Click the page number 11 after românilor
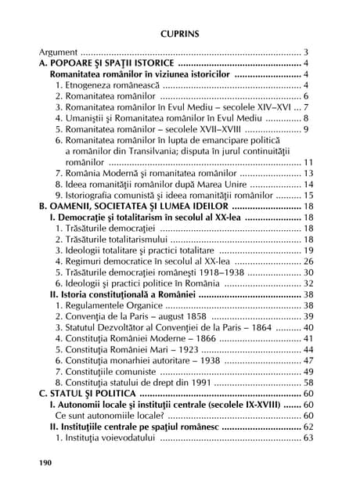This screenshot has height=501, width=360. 308,161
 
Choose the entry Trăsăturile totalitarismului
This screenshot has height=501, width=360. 111,239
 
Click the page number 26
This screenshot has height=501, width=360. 308,261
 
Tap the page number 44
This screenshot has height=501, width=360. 308,349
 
